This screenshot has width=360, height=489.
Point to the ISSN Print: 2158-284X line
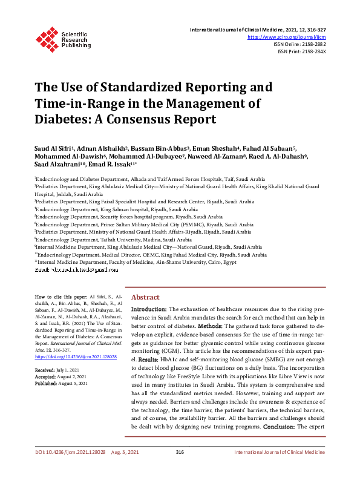pos(302,52)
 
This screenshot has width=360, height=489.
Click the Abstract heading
pos(146,297)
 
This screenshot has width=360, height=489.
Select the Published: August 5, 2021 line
pos(61,383)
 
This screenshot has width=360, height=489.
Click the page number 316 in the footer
pos(180,468)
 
